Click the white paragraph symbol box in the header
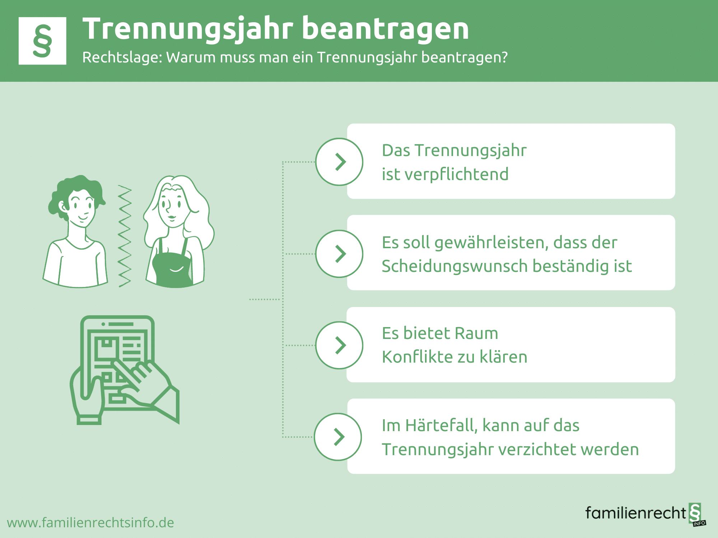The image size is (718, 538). (x=42, y=41)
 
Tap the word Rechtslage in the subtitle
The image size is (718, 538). (x=122, y=57)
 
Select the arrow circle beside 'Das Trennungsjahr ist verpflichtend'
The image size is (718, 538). (x=339, y=162)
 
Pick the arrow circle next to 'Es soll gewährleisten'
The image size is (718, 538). (x=339, y=254)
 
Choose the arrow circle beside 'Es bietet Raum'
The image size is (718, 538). (x=339, y=345)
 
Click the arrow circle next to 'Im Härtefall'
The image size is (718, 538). (x=338, y=437)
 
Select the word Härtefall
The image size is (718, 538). (x=443, y=426)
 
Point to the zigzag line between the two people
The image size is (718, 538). (x=125, y=236)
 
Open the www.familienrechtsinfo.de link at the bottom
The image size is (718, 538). (x=90, y=523)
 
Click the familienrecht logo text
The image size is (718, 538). (x=635, y=513)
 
